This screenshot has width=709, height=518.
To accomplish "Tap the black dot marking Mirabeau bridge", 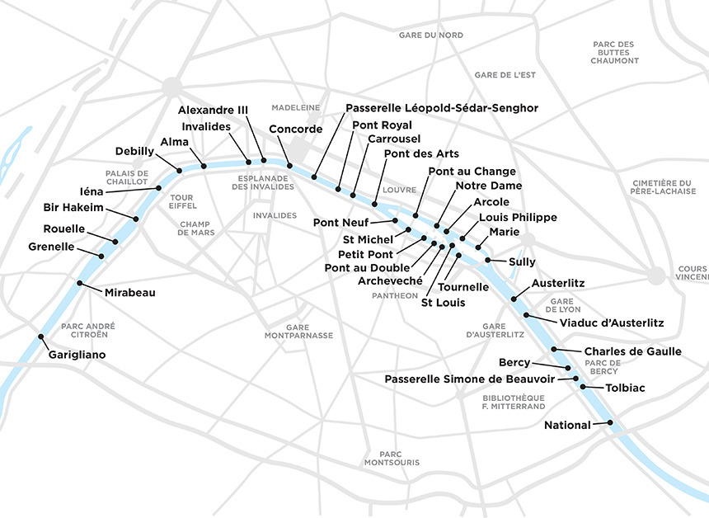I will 80,284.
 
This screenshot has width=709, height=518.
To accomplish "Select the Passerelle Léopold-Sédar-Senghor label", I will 441,108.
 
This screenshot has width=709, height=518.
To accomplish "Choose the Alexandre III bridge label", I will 213,111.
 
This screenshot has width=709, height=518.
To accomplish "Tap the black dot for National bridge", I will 610,423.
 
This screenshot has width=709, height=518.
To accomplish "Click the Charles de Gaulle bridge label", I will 632,351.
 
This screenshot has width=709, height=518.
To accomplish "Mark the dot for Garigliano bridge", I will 41,337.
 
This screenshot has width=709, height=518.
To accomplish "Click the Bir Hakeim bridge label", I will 73,207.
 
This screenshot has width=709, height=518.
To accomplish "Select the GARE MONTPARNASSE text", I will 298,332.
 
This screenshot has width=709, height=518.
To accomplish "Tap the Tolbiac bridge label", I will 625,388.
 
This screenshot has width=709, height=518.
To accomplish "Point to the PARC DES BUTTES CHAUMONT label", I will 614,52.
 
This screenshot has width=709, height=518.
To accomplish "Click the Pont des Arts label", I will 421,154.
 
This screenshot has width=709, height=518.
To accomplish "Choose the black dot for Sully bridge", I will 488,261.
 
